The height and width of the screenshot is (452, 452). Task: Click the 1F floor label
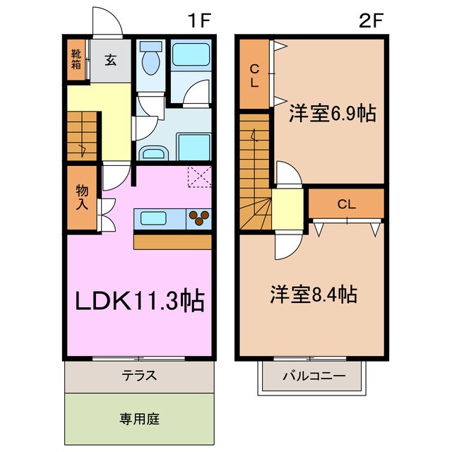[201, 20]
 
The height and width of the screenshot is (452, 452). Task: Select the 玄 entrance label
[112, 60]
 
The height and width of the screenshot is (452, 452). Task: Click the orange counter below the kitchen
[172, 241]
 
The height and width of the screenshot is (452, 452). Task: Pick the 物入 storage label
[83, 198]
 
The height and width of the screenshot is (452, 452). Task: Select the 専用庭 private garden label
[140, 418]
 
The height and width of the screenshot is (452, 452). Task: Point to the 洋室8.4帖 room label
[313, 294]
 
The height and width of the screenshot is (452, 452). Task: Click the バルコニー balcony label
[314, 376]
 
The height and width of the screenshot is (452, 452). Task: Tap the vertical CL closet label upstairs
[255, 74]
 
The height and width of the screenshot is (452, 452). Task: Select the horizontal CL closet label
[345, 205]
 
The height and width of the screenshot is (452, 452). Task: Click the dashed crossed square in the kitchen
[200, 177]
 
